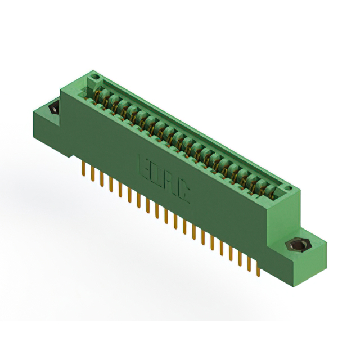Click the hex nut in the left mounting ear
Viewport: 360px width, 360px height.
pyautogui.click(x=55, y=108)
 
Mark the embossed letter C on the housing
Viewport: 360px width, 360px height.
pyautogui.click(x=183, y=193)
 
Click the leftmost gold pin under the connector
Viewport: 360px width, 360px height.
pyautogui.click(x=84, y=169)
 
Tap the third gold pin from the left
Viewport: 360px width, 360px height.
pyautogui.click(x=102, y=179)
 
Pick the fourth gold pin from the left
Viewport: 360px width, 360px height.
pyautogui.click(x=111, y=184)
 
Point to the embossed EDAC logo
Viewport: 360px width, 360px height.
pyautogui.click(x=164, y=178)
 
